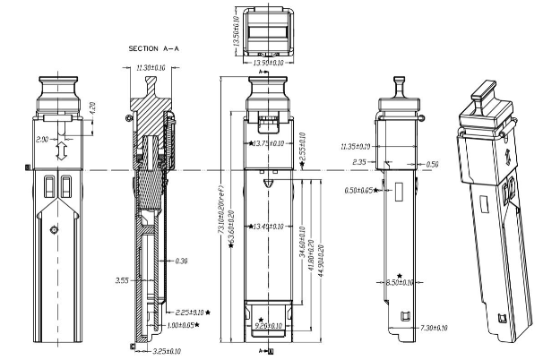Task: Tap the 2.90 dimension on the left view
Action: click(42, 141)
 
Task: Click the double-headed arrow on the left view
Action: click(58, 149)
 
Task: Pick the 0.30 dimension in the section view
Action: click(182, 261)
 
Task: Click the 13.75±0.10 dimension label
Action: click(270, 143)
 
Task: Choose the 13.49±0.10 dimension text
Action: click(270, 226)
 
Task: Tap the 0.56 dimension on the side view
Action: click(433, 164)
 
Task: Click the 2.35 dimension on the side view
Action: click(360, 162)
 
